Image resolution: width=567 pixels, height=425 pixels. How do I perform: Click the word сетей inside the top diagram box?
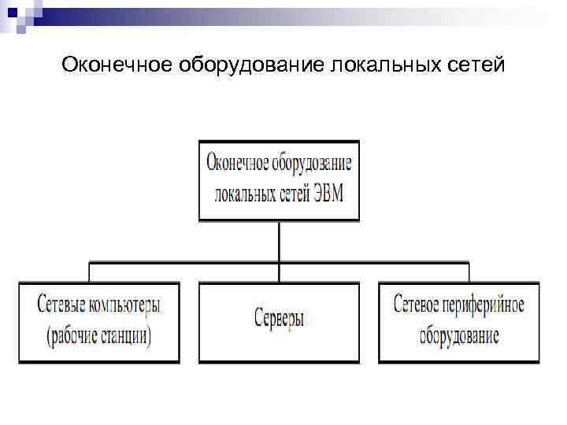point(288,193)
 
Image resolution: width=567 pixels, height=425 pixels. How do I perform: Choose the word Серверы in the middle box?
point(279,320)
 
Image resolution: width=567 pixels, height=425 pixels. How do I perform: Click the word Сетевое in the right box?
point(420,305)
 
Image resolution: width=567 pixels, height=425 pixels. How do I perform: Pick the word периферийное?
point(489,305)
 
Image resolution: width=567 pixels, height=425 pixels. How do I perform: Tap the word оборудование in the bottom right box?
point(459,336)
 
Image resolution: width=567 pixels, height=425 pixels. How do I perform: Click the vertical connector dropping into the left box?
point(89,272)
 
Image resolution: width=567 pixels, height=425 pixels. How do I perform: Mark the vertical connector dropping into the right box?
point(469,272)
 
